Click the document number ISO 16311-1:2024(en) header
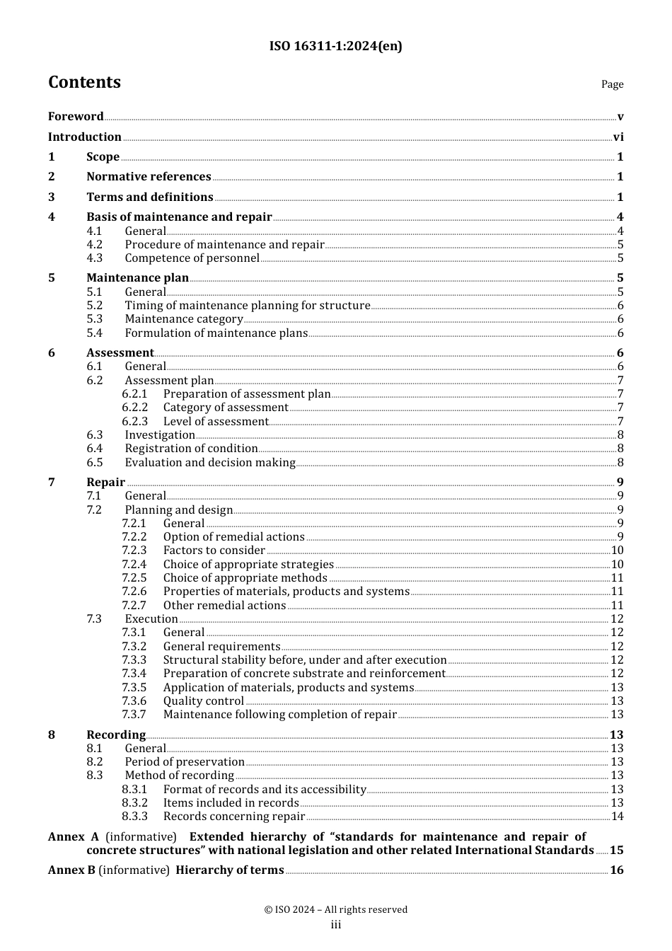[x=335, y=47]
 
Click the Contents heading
[x=84, y=83]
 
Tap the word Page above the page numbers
[x=612, y=84]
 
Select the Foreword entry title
[x=76, y=117]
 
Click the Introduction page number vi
[x=618, y=137]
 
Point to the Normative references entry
[x=149, y=177]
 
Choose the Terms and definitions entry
[x=150, y=197]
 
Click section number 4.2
[x=95, y=245]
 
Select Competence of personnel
[x=192, y=258]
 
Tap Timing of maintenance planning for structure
[x=248, y=306]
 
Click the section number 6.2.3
[x=134, y=422]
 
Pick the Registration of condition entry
[x=191, y=449]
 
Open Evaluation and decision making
[x=210, y=463]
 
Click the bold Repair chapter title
[x=105, y=483]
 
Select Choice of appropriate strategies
[x=248, y=565]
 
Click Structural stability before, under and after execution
[x=305, y=660]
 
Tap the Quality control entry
[x=204, y=701]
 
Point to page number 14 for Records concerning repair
[x=617, y=817]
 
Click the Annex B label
[x=71, y=870]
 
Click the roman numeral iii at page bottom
[x=336, y=925]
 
